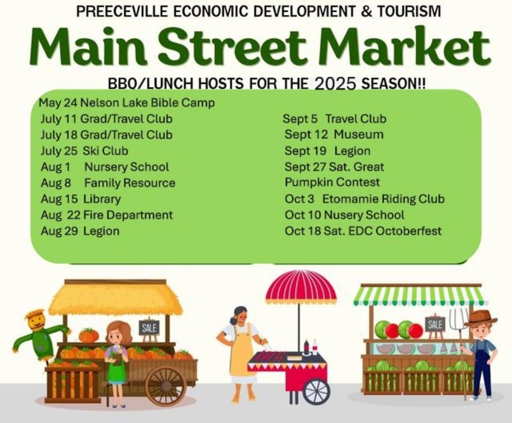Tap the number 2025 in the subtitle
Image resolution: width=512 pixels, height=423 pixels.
tap(335, 84)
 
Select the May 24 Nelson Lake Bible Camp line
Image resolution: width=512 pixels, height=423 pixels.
tap(126, 103)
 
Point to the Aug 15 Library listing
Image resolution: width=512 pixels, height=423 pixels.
tap(81, 199)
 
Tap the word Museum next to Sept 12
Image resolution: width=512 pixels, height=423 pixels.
tap(358, 134)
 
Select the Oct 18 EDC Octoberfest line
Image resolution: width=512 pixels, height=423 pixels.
tap(363, 231)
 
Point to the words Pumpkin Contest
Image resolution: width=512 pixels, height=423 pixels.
tap(332, 183)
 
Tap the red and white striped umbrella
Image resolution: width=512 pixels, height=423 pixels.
tap(300, 286)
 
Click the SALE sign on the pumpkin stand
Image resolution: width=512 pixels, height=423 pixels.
tap(149, 327)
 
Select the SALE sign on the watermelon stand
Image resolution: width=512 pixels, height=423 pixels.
tap(435, 324)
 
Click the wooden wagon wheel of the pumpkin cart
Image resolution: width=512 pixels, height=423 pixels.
tap(166, 386)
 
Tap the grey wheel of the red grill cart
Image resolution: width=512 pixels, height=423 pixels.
tap(316, 392)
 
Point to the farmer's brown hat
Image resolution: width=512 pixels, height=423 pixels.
tap(480, 318)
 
